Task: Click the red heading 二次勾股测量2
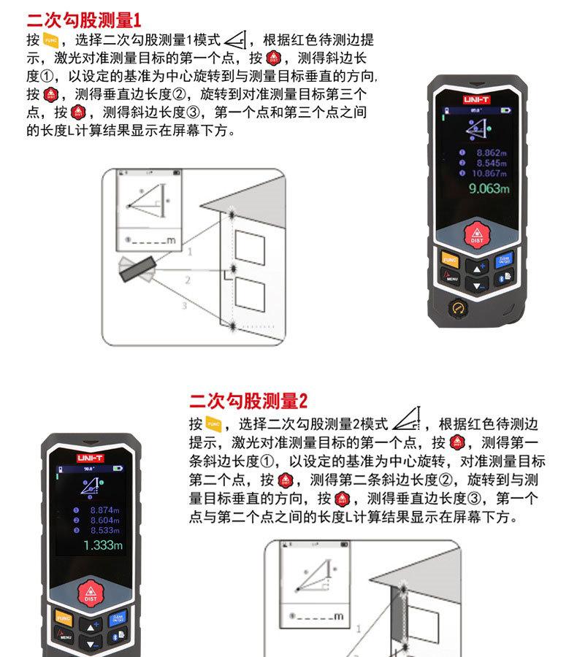click(x=248, y=401)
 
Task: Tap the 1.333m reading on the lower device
click(x=103, y=545)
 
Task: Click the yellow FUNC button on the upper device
click(x=449, y=260)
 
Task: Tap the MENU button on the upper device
click(x=450, y=277)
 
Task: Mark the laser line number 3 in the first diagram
click(x=184, y=306)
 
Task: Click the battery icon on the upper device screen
click(x=506, y=109)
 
